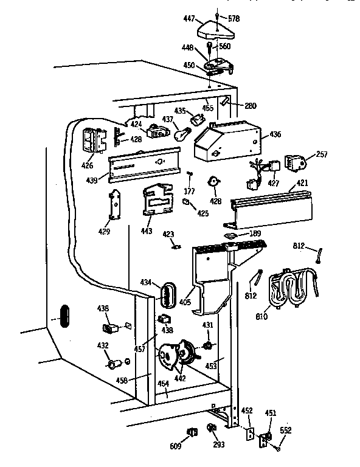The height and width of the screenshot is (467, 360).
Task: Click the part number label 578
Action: click(x=234, y=19)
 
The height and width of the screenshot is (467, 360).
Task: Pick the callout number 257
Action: click(x=322, y=155)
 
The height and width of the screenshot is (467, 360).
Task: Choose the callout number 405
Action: click(x=185, y=301)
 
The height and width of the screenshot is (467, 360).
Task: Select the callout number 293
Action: click(x=219, y=445)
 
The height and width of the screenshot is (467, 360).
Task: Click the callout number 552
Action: click(x=286, y=431)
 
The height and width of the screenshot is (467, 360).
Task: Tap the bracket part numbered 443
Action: click(x=158, y=201)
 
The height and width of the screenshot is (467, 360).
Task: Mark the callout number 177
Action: click(x=189, y=192)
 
